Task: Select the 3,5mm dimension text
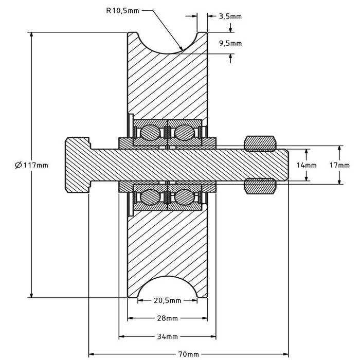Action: tap(230, 16)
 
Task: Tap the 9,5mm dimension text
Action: tap(230, 44)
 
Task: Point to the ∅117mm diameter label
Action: tap(32, 165)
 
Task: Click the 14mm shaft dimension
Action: tap(308, 165)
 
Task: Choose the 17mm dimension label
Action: tap(340, 165)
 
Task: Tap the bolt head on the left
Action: tap(77, 165)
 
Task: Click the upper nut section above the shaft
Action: tap(260, 144)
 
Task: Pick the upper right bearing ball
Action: tap(183, 133)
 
